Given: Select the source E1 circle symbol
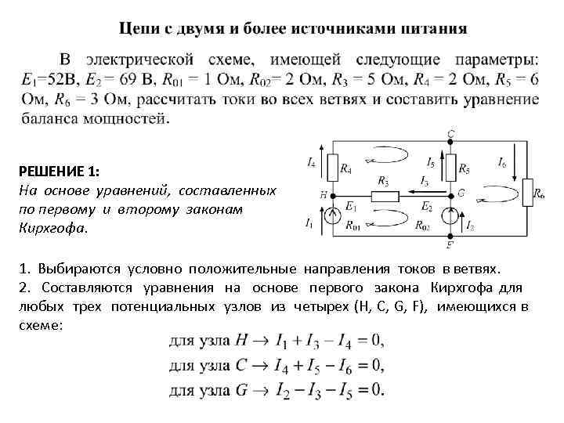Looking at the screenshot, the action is tap(333, 221).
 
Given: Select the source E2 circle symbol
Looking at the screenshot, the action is tap(450, 216).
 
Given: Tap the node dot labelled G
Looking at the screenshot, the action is tap(450, 193).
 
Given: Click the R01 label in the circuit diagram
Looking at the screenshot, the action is tap(355, 226).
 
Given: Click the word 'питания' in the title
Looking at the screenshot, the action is tap(432, 29).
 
